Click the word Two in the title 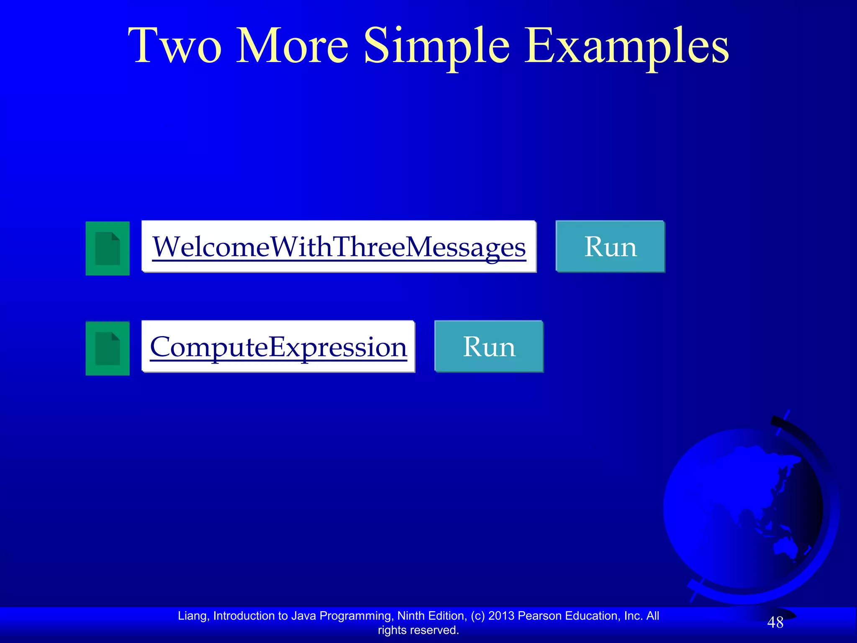tap(174, 46)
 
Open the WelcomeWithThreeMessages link tap(339, 247)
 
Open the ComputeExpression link tap(278, 347)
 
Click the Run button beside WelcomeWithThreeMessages tap(610, 247)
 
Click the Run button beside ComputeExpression tap(489, 347)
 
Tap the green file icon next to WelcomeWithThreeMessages tap(108, 248)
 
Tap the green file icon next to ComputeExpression tap(108, 348)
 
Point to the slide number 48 tap(775, 622)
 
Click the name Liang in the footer tap(193, 616)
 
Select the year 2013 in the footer tap(501, 616)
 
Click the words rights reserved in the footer tap(418, 630)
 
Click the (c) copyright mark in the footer tap(477, 616)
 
